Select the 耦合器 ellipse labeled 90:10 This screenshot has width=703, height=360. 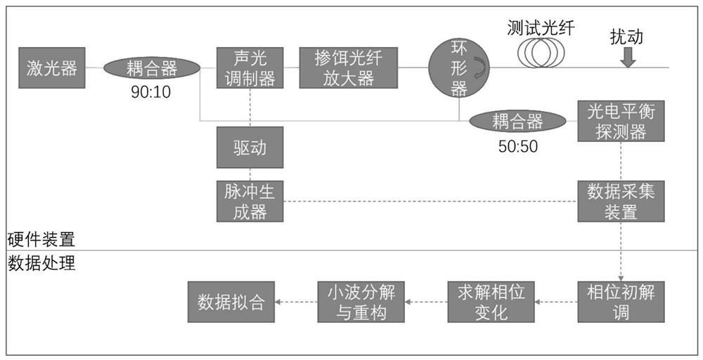(x=151, y=69)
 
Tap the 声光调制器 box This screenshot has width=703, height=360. (x=250, y=67)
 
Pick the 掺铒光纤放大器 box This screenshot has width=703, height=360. (x=349, y=67)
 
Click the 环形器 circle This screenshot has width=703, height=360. (x=458, y=67)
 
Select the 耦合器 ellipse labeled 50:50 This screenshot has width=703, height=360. (x=517, y=122)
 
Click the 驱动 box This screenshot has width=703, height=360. (x=250, y=148)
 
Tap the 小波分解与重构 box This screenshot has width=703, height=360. (x=361, y=302)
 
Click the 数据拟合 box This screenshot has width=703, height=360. (x=231, y=302)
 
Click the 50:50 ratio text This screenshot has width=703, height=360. (x=516, y=146)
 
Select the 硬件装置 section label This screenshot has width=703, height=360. (x=41, y=239)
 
